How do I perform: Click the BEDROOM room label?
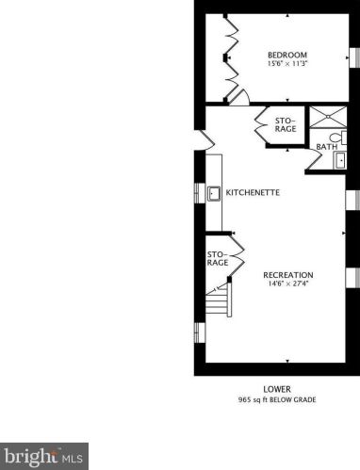pos(286,56)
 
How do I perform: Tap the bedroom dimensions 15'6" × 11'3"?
pos(286,65)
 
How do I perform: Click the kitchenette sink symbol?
pos(214,193)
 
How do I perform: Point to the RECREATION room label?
pos(288,274)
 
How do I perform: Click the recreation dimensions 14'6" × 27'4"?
pos(288,284)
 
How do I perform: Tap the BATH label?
pos(327,147)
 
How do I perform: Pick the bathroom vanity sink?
pos(341,160)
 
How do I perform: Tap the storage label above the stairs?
pos(218,258)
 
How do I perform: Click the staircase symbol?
pos(219,304)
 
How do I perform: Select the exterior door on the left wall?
pos(200,140)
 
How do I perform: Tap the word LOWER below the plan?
pos(277,389)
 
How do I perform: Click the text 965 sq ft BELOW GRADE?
pos(277,400)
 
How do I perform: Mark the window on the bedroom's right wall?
pos(355,57)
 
